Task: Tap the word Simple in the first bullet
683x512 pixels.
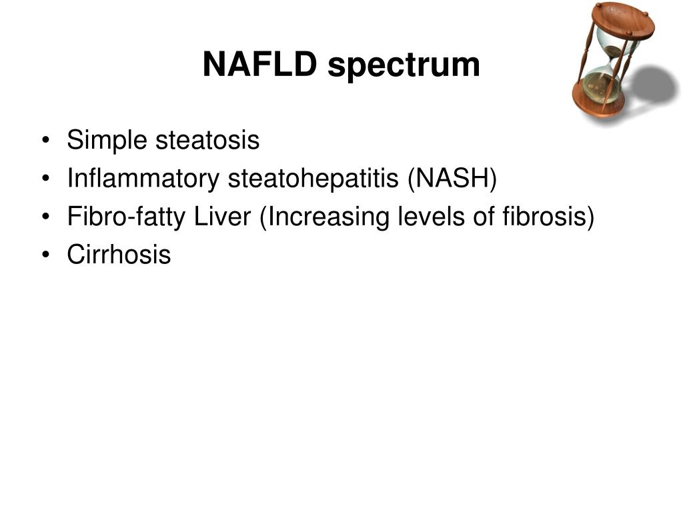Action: click(107, 141)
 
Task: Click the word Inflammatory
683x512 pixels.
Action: click(143, 179)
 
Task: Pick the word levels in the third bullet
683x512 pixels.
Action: click(416, 217)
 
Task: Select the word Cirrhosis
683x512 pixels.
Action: click(119, 255)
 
